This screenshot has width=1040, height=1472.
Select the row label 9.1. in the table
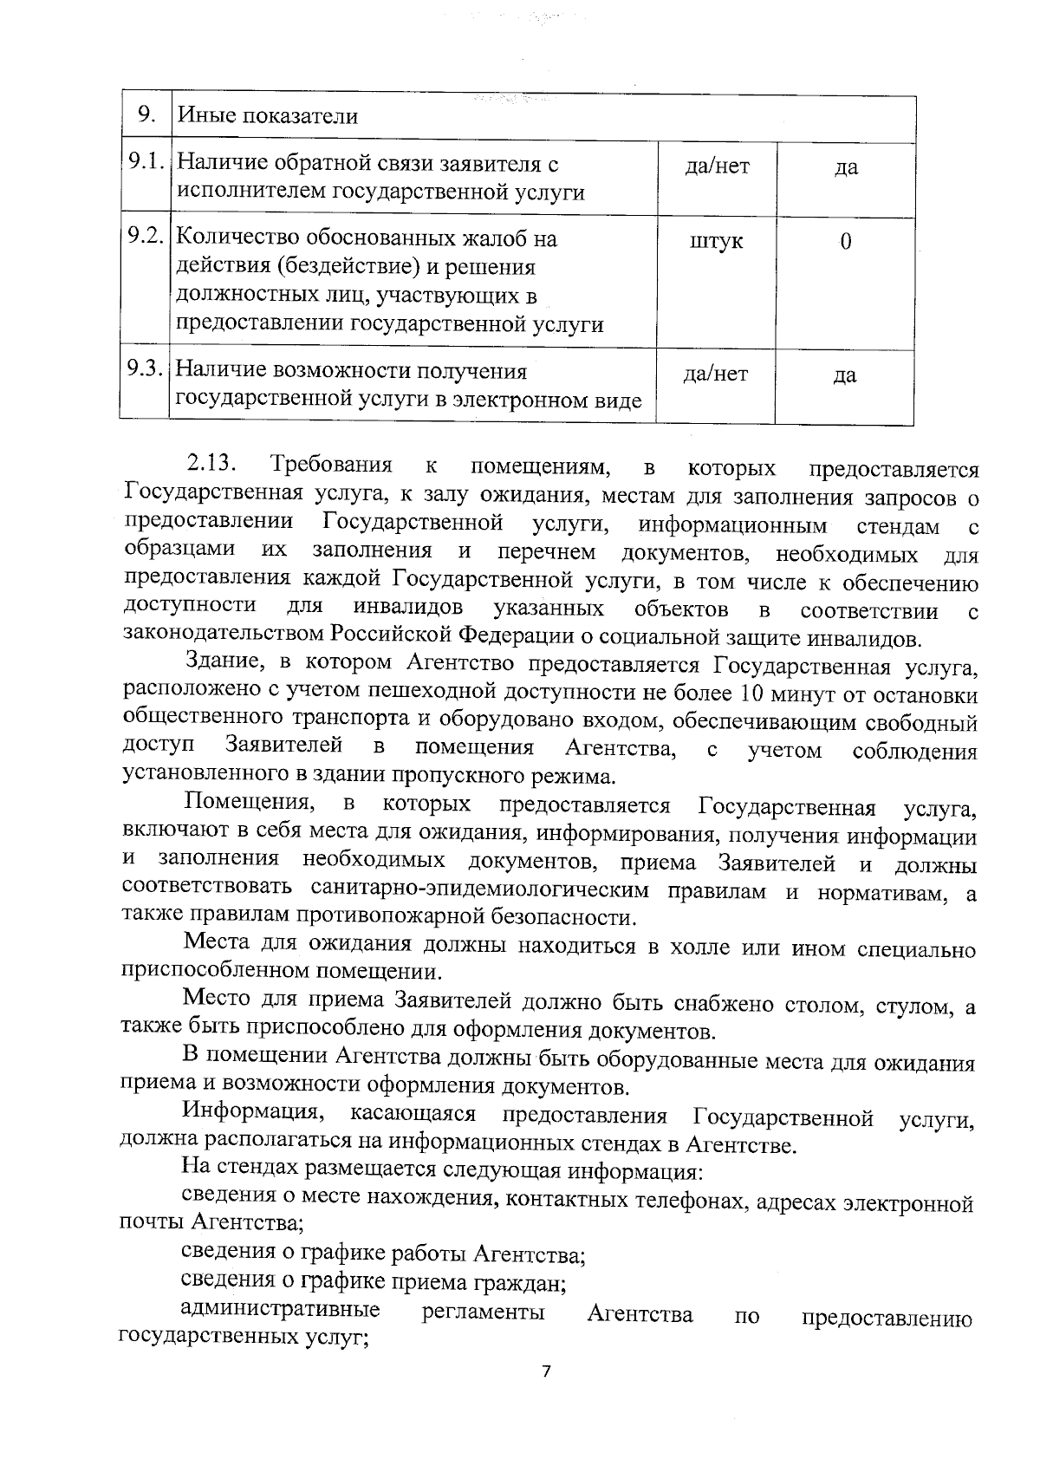[x=145, y=163]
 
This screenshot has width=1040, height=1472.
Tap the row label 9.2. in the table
[x=145, y=237]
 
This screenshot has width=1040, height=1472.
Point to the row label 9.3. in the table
[x=145, y=370]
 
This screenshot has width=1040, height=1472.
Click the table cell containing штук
[x=716, y=241]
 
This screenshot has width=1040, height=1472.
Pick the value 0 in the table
[x=845, y=241]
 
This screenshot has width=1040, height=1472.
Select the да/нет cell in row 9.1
[x=716, y=166]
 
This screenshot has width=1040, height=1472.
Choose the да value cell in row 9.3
[x=845, y=375]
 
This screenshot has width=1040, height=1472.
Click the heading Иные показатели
[x=268, y=116]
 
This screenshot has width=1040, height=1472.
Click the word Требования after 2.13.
[x=331, y=466]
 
